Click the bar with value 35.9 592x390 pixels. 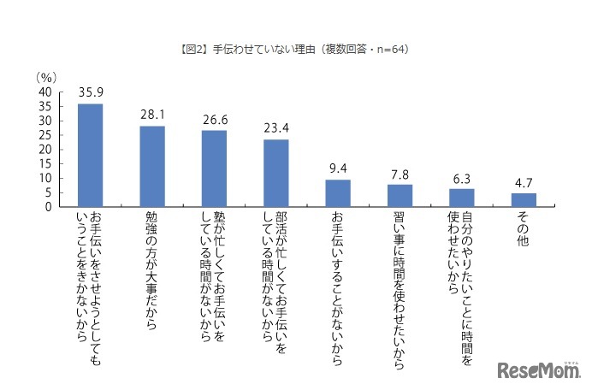tap(90, 155)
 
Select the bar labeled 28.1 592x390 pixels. tap(152, 166)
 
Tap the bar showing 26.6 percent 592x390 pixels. tap(214, 168)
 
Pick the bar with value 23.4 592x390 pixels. tap(275, 173)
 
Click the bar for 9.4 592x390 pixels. tap(338, 193)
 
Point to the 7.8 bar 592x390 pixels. tap(400, 195)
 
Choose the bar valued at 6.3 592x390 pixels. tap(462, 198)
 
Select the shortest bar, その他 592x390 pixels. tap(524, 200)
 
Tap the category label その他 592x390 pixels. tap(524, 228)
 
